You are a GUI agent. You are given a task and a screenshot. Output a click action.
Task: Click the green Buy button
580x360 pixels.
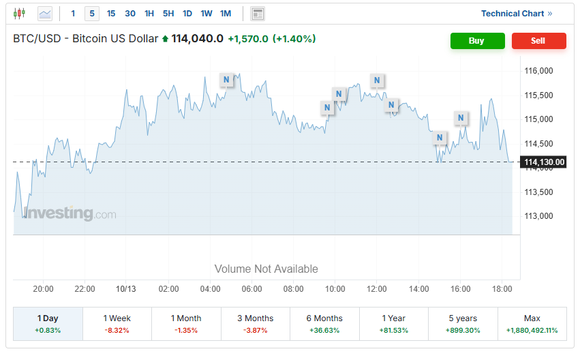(477, 41)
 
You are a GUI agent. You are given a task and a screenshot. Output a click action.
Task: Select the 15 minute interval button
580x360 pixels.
(111, 14)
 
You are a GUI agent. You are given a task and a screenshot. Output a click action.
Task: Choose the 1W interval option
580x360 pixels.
(207, 14)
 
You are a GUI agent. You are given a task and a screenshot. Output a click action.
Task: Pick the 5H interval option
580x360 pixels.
(168, 14)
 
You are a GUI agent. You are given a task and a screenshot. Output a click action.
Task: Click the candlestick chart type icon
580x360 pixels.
(19, 14)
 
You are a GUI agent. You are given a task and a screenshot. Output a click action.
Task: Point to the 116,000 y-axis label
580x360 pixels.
(538, 71)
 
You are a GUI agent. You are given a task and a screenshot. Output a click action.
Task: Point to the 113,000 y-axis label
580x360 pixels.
(538, 216)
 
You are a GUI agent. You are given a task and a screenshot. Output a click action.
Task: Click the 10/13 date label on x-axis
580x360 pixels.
(126, 289)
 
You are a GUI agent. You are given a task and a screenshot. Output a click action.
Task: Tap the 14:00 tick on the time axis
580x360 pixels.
(418, 289)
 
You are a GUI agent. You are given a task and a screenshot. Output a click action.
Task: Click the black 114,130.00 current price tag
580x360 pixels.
(545, 162)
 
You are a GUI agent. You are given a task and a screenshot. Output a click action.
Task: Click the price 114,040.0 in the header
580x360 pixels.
(198, 39)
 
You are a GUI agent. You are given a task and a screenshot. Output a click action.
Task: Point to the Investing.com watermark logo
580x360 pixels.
(70, 214)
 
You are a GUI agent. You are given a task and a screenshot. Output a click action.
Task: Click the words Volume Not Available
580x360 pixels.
(266, 269)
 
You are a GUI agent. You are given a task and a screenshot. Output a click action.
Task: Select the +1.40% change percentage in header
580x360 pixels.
(294, 39)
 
